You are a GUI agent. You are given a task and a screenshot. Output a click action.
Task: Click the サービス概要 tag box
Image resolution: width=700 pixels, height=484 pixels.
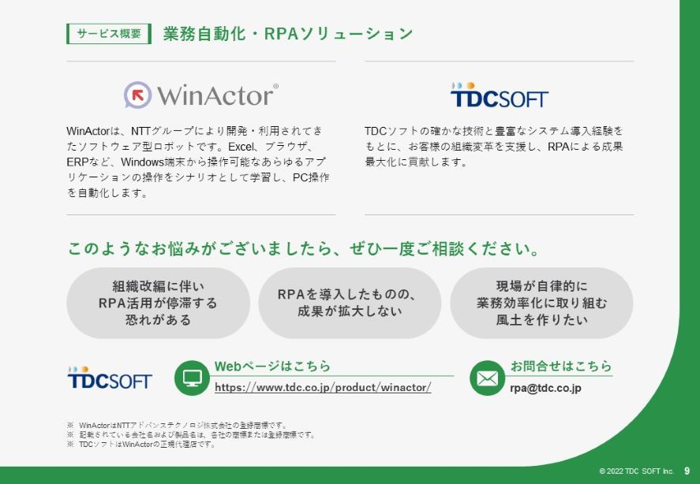pos(109,34)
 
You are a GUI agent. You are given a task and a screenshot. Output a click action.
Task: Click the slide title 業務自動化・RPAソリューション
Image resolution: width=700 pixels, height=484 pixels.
pos(288,34)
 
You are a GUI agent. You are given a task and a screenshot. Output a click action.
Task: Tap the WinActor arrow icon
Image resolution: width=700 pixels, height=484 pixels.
pos(137,95)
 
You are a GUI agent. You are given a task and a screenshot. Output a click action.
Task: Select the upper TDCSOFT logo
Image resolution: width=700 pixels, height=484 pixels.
pos(499,95)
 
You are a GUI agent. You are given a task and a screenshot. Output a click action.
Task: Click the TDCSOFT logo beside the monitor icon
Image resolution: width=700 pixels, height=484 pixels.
pos(110,378)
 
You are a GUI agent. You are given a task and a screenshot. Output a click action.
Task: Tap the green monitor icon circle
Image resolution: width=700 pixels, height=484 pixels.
pos(192,378)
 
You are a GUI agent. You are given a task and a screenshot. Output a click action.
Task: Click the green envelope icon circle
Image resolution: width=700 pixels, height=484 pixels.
pos(487,378)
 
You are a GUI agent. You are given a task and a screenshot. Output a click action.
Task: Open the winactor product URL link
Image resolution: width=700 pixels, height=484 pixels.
pos(323,387)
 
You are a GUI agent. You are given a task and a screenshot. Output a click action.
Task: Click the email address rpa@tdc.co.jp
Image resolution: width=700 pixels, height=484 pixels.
pos(545,388)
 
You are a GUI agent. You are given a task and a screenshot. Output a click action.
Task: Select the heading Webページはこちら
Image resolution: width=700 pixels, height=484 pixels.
pos(272,366)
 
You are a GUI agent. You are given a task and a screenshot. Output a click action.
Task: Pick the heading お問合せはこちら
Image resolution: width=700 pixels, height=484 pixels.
pos(561,366)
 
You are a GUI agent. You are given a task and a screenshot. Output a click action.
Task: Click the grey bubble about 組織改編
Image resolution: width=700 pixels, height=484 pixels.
pos(158,303)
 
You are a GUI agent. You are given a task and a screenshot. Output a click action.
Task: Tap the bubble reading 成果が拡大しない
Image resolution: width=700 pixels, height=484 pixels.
pos(350,303)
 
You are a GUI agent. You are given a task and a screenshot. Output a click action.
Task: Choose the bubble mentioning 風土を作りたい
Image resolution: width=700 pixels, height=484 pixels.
pos(541,303)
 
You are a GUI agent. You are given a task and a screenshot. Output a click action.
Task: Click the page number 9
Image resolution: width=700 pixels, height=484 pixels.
pos(687,471)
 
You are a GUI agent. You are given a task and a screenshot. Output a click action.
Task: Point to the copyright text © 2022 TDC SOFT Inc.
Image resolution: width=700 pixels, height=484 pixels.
pos(636,471)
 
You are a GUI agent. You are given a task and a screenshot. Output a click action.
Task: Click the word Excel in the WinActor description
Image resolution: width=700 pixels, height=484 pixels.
pos(241,147)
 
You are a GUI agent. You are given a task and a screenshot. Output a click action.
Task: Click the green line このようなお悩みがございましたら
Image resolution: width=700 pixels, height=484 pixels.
pos(304,248)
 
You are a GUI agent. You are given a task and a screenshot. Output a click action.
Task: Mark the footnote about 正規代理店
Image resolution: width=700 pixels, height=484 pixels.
pos(141,445)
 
